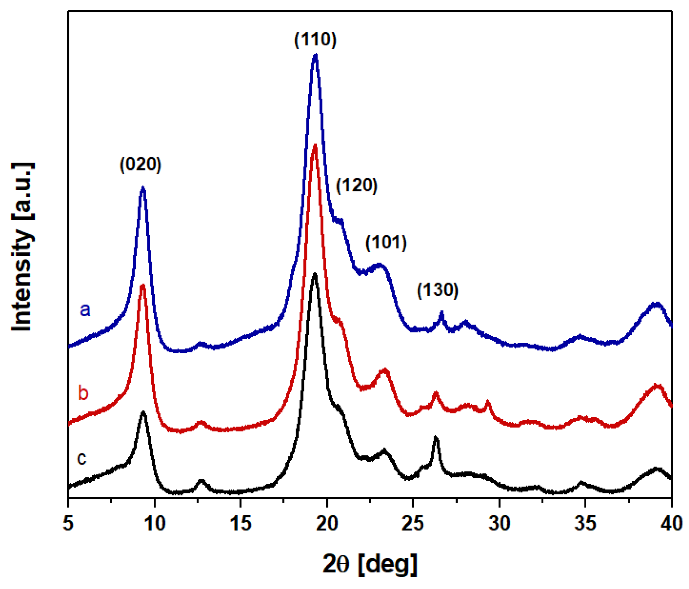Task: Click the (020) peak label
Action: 140,164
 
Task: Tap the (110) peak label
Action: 315,39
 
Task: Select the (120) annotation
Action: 356,185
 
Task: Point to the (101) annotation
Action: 386,242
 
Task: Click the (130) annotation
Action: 437,290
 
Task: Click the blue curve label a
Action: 85,309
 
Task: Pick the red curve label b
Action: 83,393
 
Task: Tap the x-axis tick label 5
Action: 68,523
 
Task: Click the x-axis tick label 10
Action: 155,523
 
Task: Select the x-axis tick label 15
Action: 241,523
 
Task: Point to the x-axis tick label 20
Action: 327,523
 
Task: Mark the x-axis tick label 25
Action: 413,523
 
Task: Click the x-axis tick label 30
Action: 499,523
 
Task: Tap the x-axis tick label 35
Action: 585,523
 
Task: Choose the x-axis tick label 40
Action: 671,523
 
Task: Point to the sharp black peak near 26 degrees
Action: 436,439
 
